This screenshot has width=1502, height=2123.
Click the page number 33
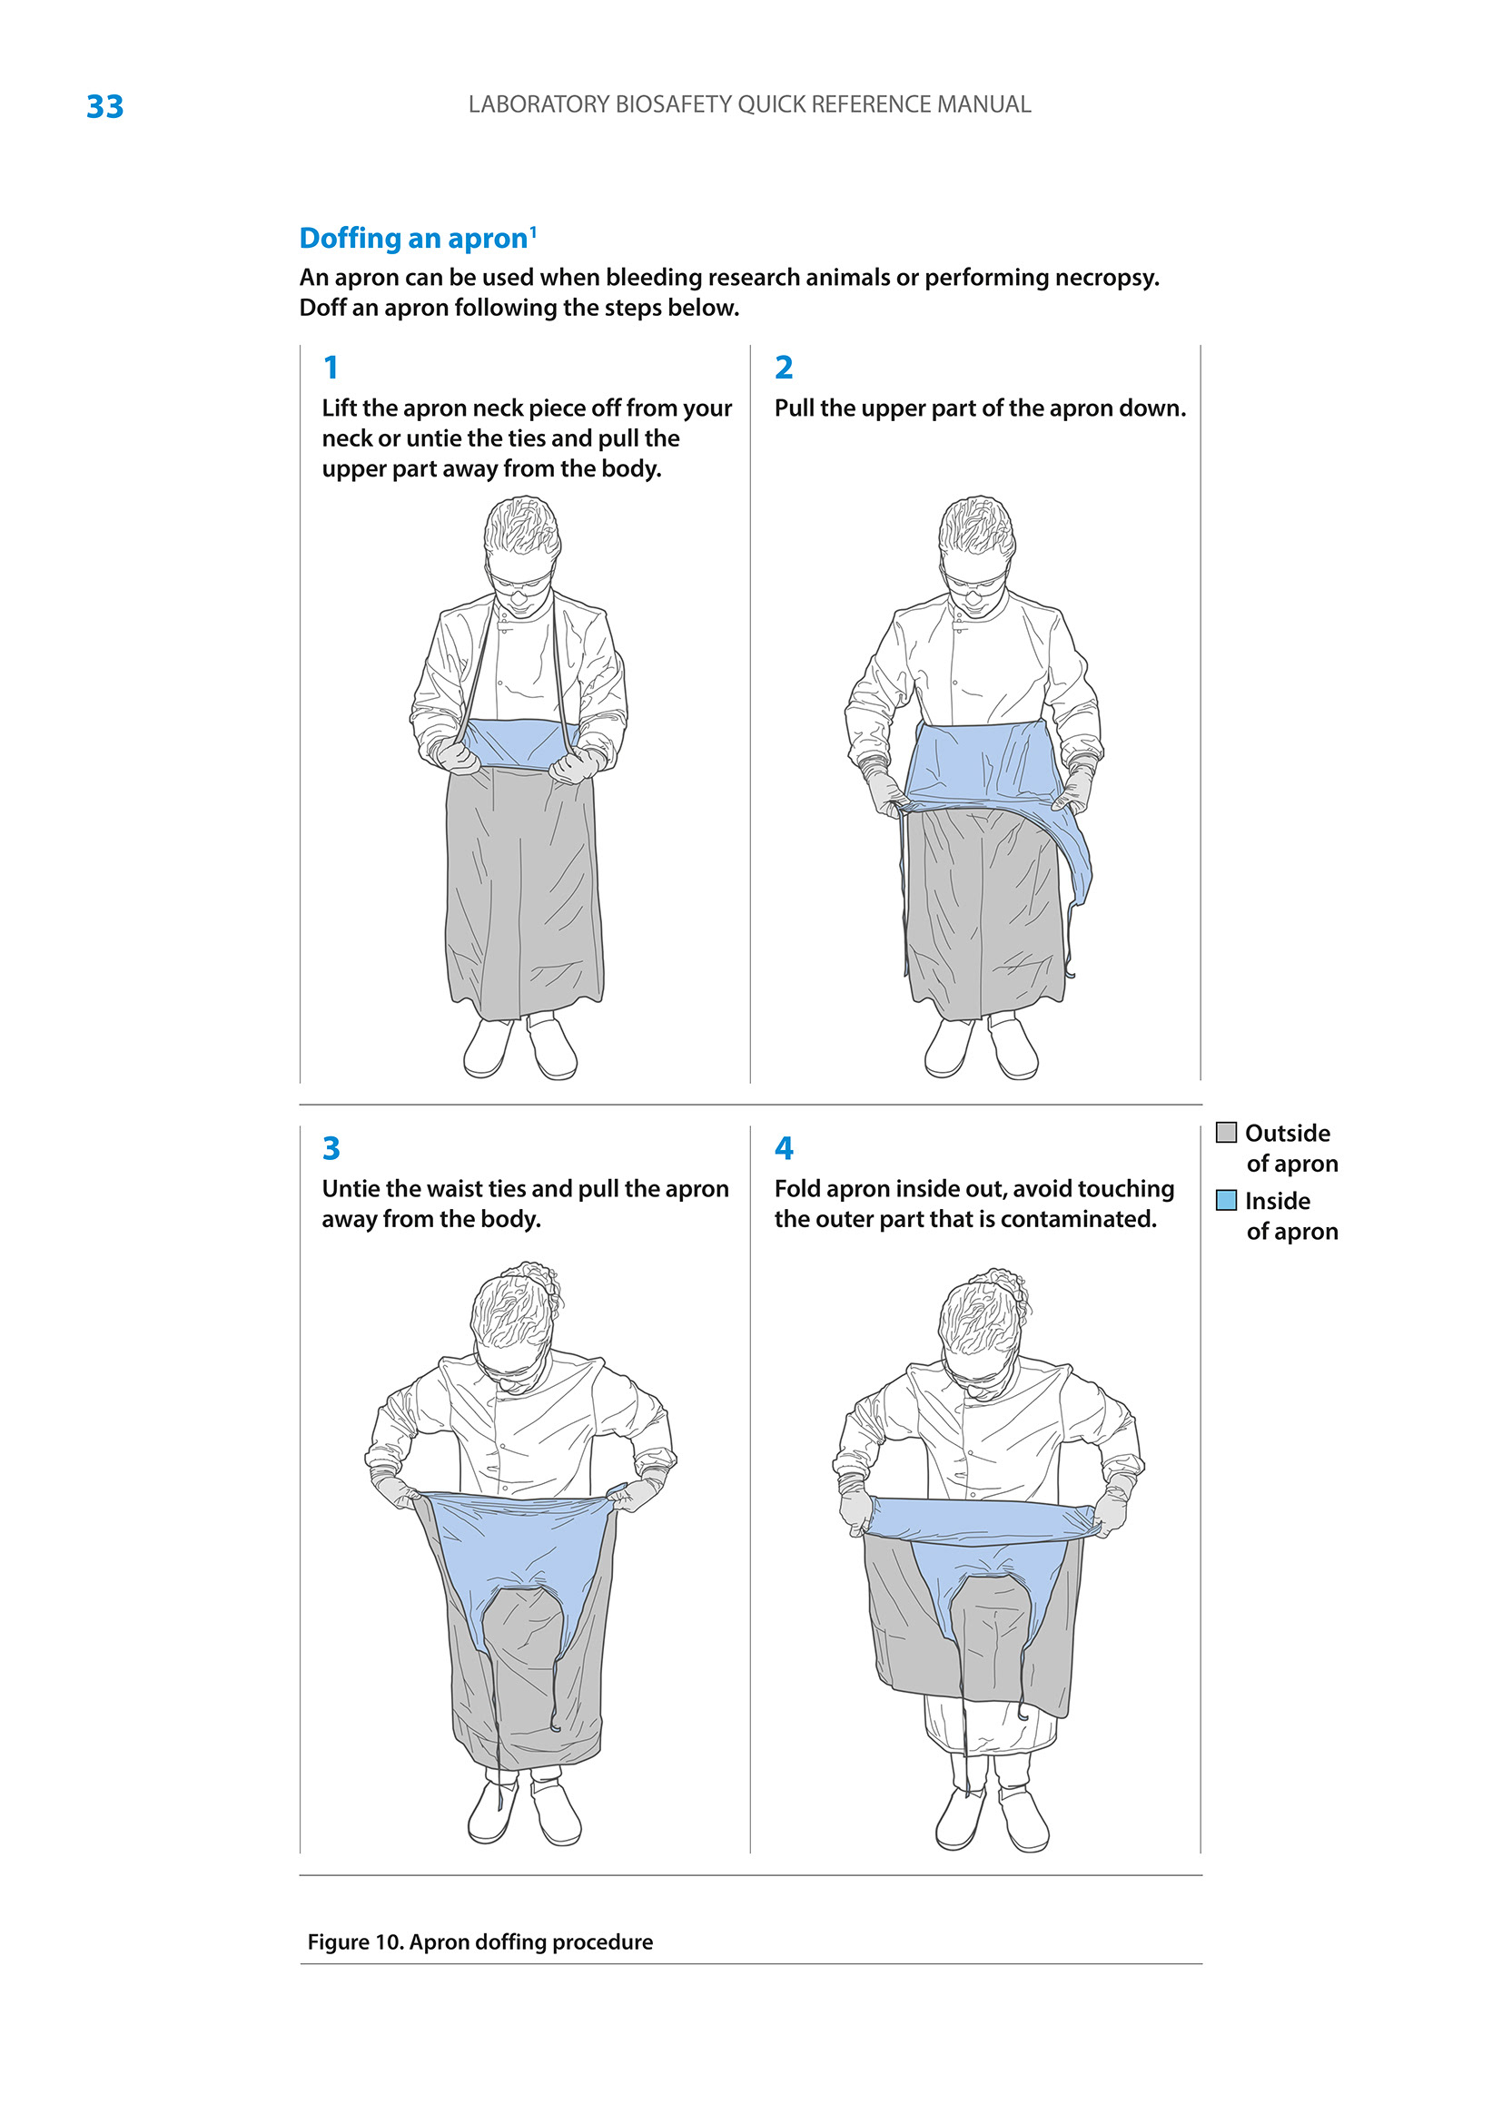click(x=104, y=106)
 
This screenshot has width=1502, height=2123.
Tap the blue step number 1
click(x=331, y=367)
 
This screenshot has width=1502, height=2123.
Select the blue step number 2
click(x=784, y=367)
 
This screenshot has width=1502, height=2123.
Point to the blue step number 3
click(x=331, y=1147)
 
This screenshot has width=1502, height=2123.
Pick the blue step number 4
click(x=785, y=1147)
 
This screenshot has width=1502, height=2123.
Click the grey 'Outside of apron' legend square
click(x=1226, y=1133)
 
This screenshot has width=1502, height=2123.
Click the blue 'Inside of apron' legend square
click(x=1226, y=1200)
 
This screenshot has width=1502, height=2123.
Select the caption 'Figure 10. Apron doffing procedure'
click(x=480, y=1941)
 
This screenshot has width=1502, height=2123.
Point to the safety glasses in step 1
click(x=520, y=581)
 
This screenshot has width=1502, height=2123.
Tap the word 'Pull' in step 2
click(x=793, y=408)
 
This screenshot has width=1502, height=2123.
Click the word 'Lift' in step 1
click(x=339, y=408)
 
